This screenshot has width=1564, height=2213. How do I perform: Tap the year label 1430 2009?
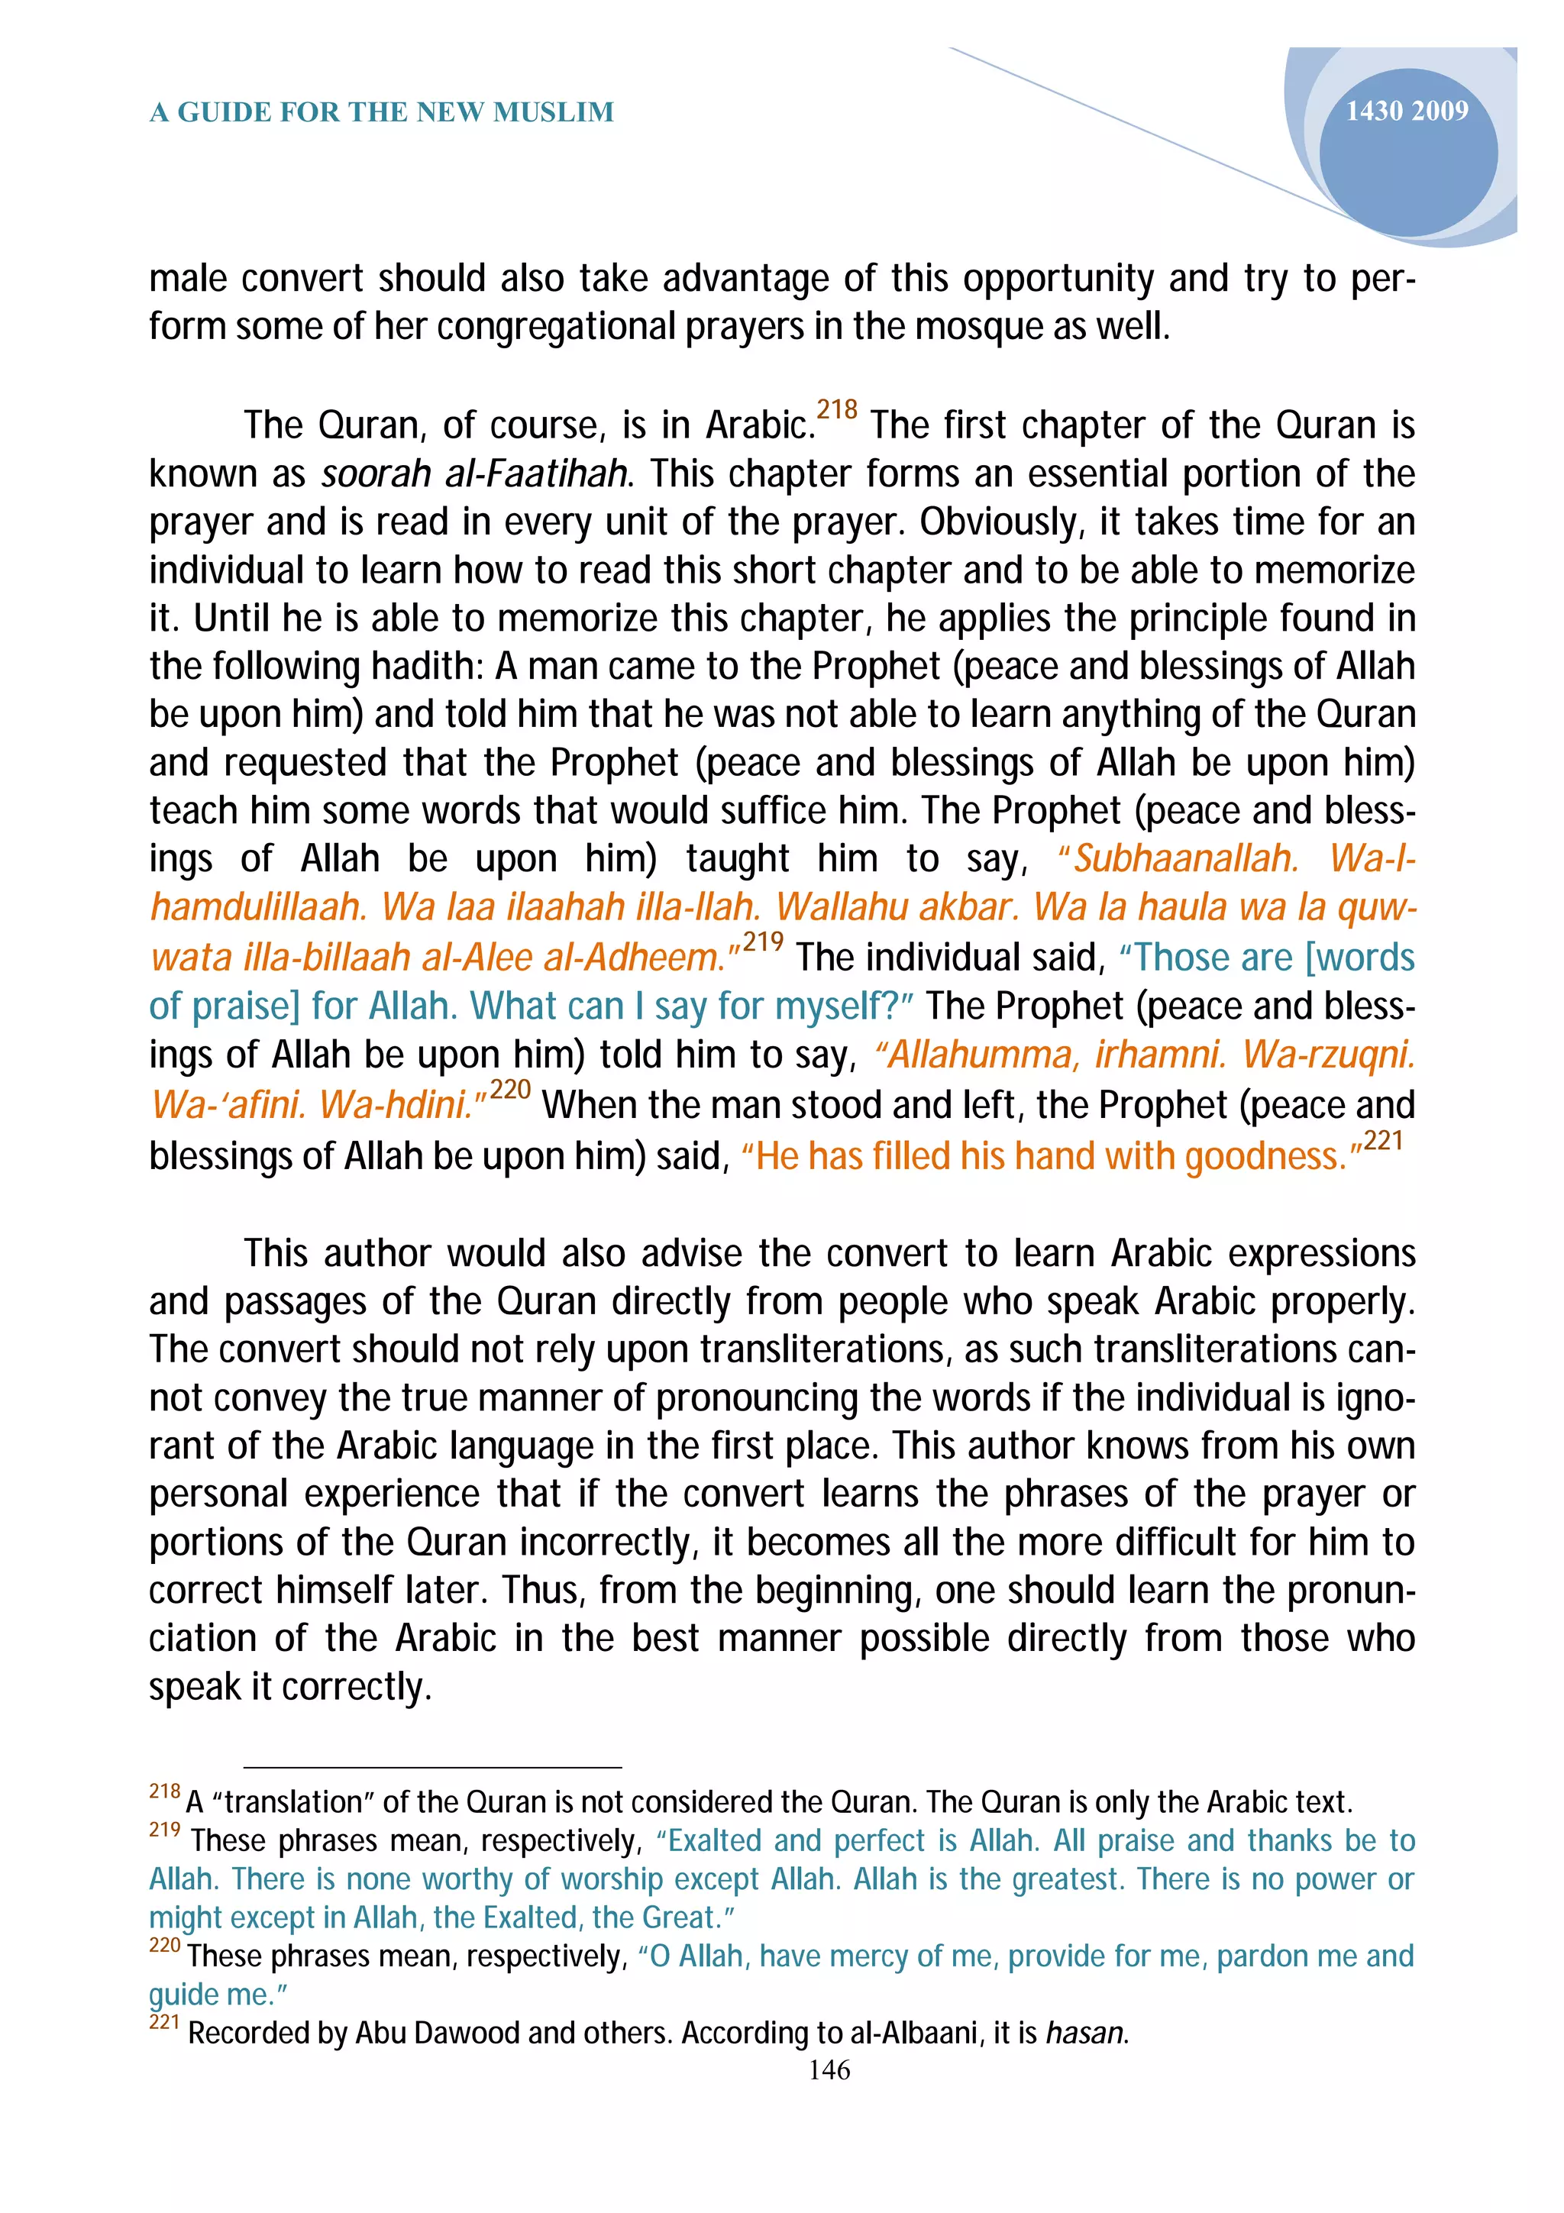click(x=1406, y=111)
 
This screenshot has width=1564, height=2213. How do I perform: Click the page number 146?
click(x=829, y=2069)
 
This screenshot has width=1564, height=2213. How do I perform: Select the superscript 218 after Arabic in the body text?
click(x=836, y=409)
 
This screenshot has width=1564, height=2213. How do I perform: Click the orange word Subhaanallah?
click(x=1184, y=858)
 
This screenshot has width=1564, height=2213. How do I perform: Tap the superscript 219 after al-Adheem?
click(x=762, y=941)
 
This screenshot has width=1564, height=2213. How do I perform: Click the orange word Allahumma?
click(x=977, y=1054)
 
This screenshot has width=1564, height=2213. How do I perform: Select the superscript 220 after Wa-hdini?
click(x=510, y=1089)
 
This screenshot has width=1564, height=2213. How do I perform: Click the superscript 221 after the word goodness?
click(x=1383, y=1140)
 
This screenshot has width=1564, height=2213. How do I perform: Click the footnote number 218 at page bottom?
click(x=165, y=1791)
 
